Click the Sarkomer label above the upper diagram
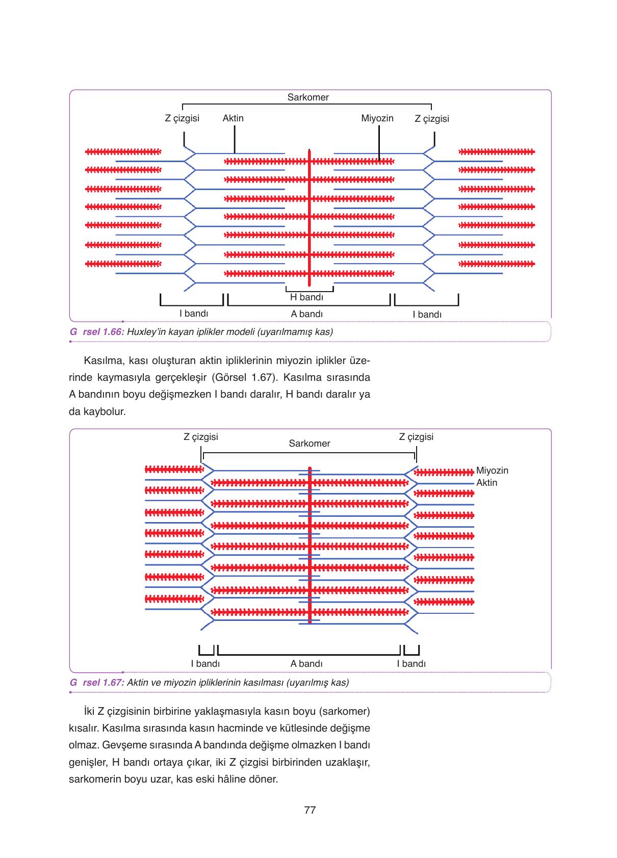point(307,97)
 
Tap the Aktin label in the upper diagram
point(233,118)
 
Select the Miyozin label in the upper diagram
point(377,118)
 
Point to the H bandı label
point(306,297)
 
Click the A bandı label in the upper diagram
point(306,314)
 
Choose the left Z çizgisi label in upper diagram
point(182,118)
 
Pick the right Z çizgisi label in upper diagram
point(432,119)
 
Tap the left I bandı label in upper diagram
point(194,314)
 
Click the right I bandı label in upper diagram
point(427,315)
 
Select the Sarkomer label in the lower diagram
point(310,443)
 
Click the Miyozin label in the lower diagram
point(492,471)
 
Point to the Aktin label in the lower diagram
point(486,483)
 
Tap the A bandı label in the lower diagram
point(306,663)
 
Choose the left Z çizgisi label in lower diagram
point(201,437)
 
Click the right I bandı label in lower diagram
point(411,663)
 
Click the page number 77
point(310,810)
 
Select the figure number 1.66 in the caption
point(113,332)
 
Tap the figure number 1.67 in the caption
point(113,683)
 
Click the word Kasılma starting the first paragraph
point(104,361)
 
